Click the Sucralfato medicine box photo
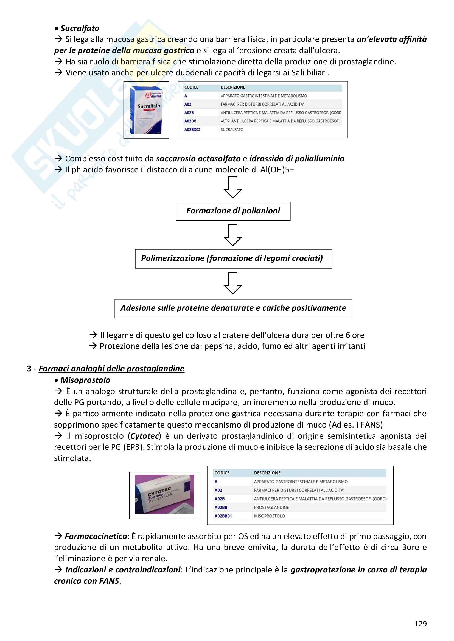[146, 110]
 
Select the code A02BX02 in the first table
[192, 130]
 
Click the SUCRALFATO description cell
[232, 130]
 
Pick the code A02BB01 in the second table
[223, 516]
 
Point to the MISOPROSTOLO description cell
[269, 516]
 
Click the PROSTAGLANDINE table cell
[271, 507]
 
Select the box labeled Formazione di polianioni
[233, 211]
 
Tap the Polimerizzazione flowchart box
[233, 258]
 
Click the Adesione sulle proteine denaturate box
[233, 308]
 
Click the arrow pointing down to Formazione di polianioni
[232, 187]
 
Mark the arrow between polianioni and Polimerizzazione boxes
[232, 235]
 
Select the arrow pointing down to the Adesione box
[232, 283]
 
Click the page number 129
[420, 624]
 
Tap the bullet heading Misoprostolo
[85, 380]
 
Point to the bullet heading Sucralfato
[80, 28]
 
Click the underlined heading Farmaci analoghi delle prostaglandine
[111, 369]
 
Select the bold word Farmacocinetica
[96, 536]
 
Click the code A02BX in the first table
[190, 121]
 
